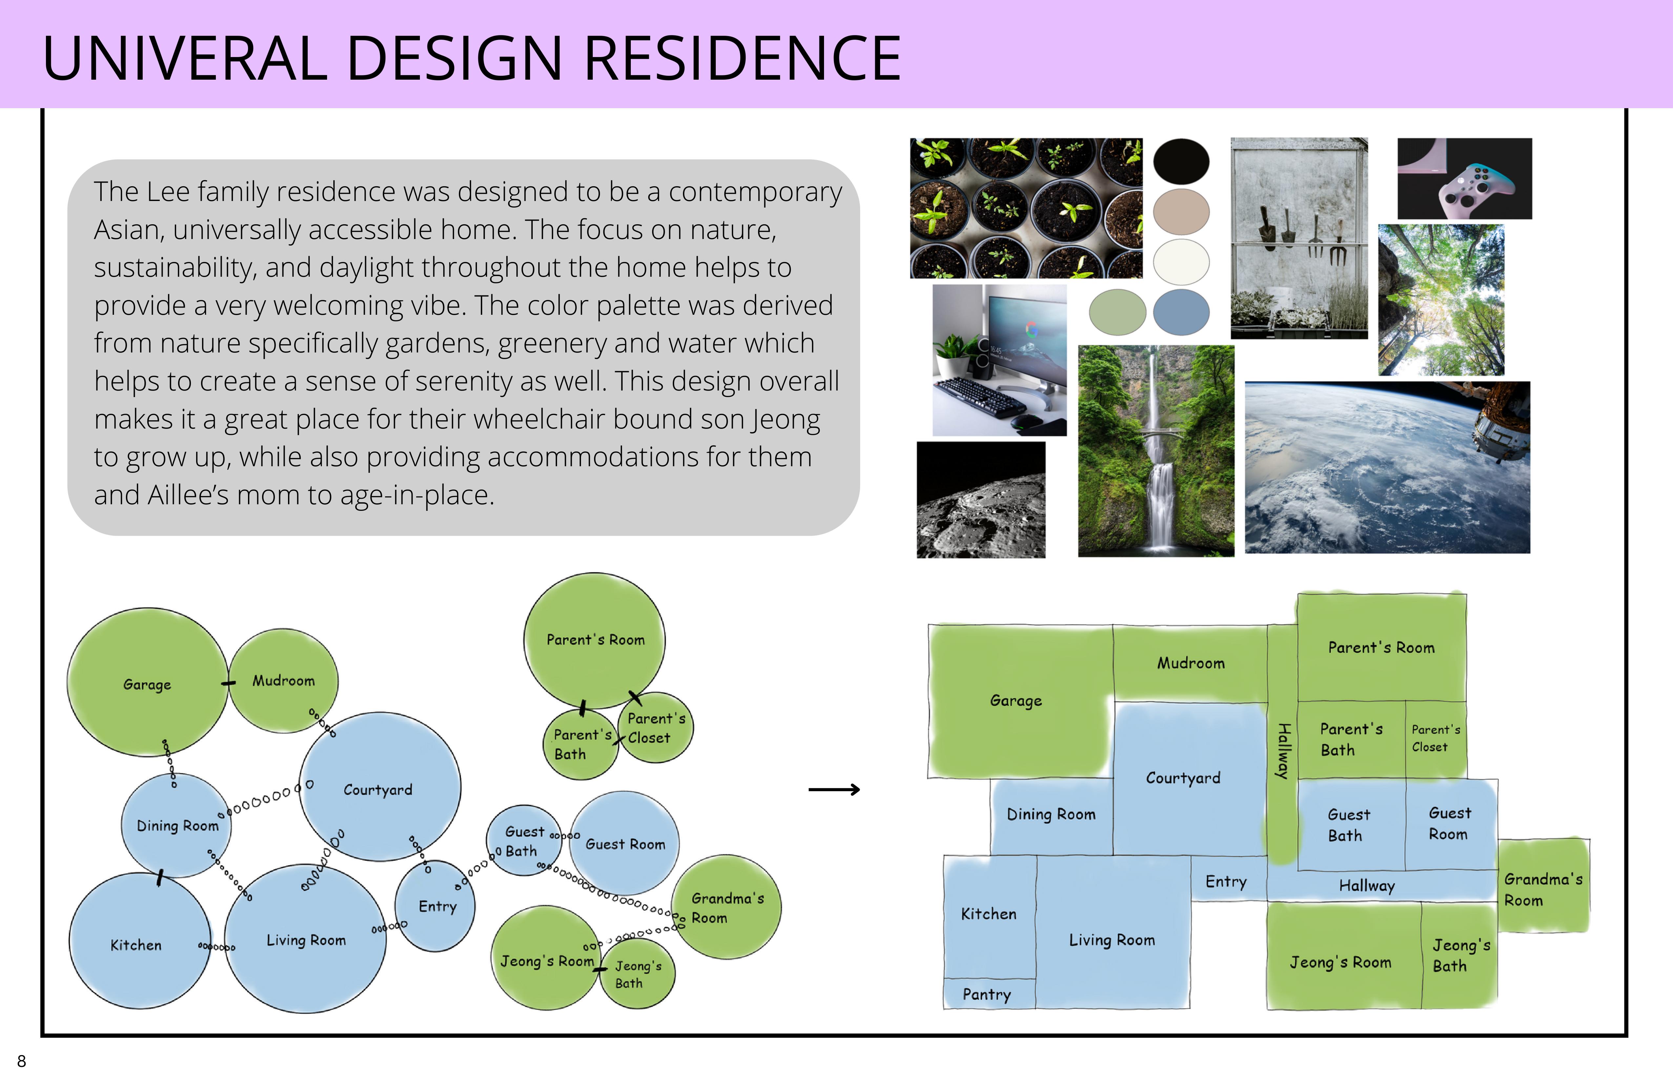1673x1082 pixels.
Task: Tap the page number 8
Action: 22,1061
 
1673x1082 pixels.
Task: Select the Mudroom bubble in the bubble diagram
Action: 284,680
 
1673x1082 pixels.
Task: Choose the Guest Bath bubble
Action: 523,841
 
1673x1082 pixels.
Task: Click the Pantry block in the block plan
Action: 988,994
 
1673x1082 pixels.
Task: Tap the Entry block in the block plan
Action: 1227,881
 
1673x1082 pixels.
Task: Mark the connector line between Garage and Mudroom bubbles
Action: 228,683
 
